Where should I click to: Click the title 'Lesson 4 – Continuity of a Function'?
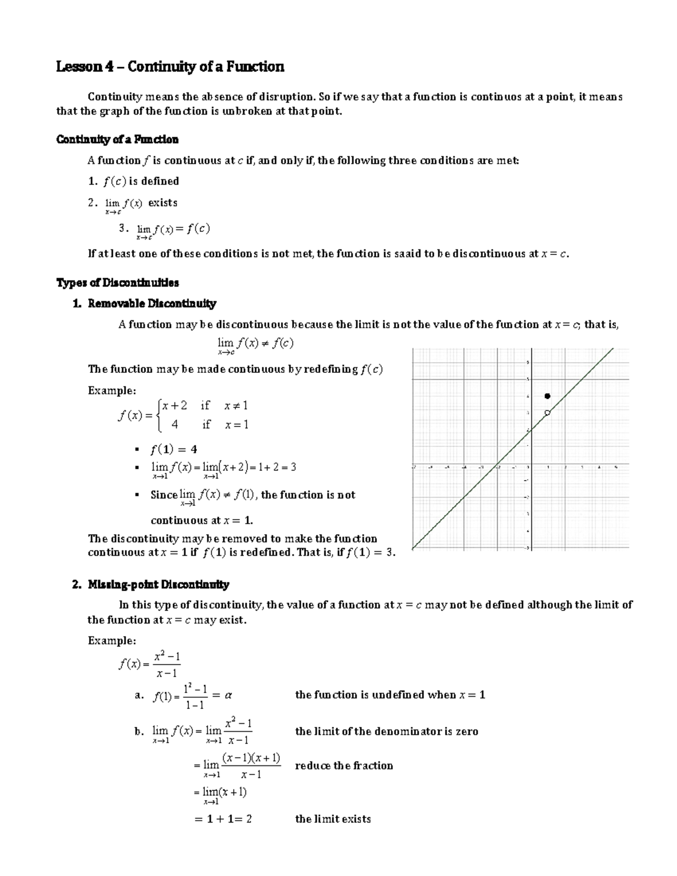click(170, 67)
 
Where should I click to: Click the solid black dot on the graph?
click(547, 397)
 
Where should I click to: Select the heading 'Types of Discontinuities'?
click(117, 283)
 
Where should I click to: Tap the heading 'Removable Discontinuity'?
click(152, 303)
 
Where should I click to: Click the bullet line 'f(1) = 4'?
click(173, 450)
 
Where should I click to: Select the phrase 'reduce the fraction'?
click(344, 765)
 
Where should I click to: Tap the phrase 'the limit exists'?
click(333, 819)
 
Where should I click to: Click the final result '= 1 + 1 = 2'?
click(222, 819)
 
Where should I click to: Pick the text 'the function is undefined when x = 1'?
click(390, 695)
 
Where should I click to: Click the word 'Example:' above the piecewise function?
click(112, 390)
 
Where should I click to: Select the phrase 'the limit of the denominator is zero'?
click(386, 732)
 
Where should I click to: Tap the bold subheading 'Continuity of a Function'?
click(117, 139)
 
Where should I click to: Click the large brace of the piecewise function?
click(160, 415)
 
